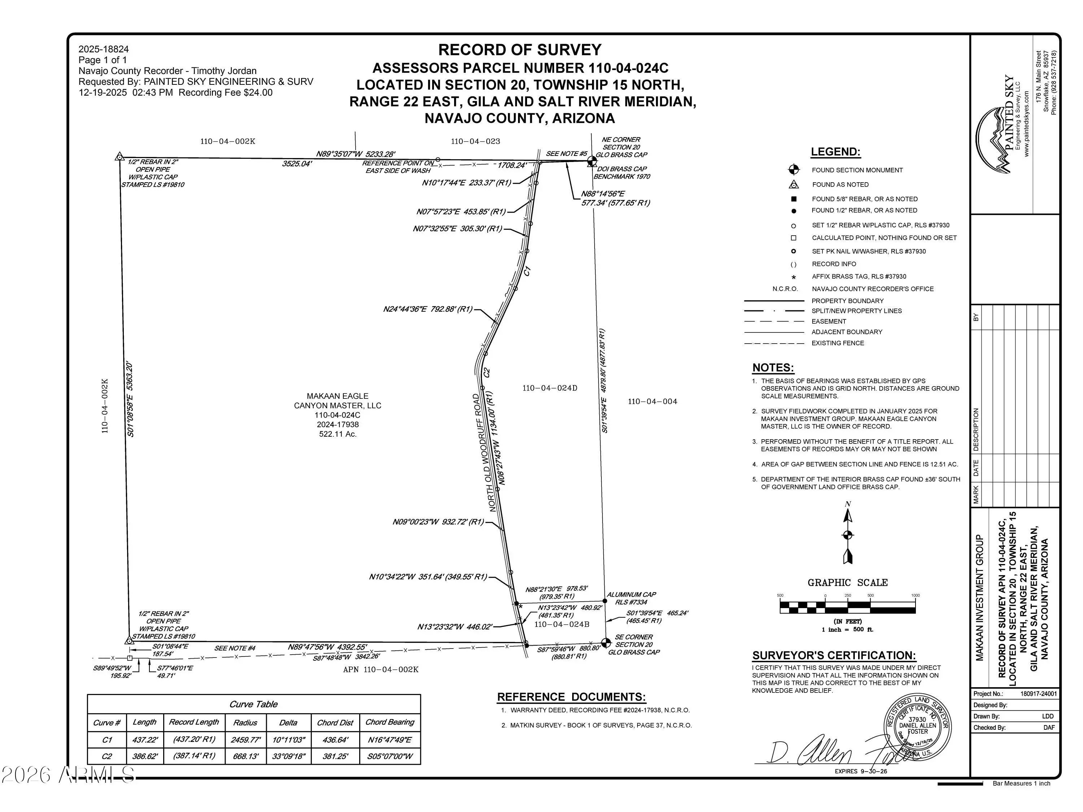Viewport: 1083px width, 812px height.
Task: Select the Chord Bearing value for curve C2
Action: point(390,756)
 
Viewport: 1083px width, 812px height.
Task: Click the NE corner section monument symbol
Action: point(592,161)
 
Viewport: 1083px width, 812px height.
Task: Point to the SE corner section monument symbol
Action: point(606,642)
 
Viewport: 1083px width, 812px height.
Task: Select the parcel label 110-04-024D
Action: point(550,388)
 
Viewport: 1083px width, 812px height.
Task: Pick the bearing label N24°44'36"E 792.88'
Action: point(428,309)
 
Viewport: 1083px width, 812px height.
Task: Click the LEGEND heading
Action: point(835,152)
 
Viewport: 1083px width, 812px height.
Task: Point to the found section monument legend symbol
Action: point(793,170)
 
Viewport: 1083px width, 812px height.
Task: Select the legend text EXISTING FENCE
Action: point(838,343)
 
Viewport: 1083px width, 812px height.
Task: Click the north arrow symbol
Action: point(848,535)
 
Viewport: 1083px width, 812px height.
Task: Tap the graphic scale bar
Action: point(848,607)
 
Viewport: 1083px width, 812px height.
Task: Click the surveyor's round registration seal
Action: point(917,727)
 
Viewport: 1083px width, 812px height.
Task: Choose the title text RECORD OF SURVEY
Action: point(519,50)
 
